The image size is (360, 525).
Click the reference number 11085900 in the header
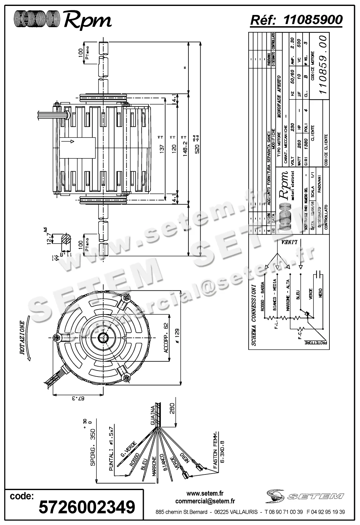(313, 20)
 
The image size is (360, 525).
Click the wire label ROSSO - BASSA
(263, 296)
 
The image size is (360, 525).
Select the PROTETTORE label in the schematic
(316, 342)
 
